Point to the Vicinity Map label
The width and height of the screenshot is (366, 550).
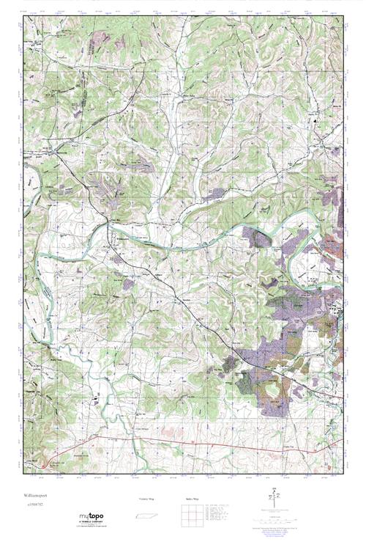coord(147,499)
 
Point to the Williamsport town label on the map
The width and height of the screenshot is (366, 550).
coord(122,238)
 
